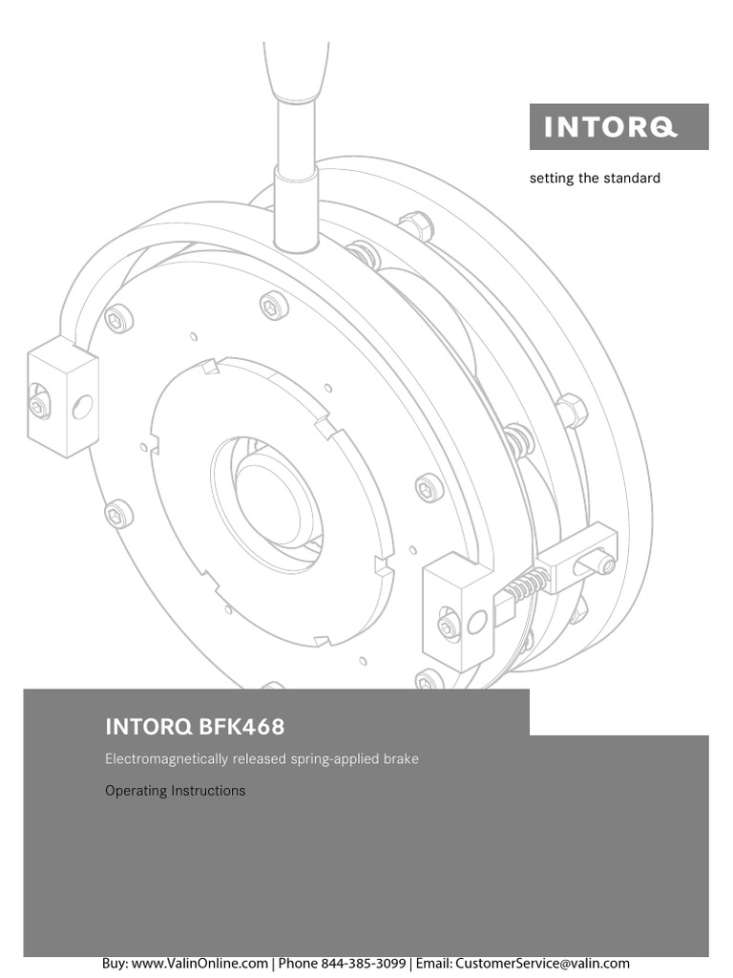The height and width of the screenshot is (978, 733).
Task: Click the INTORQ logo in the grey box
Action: click(618, 127)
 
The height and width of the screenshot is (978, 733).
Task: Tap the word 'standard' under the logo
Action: click(629, 179)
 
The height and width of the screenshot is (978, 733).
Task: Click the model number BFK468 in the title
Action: click(241, 728)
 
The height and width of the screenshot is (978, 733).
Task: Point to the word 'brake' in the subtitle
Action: click(400, 759)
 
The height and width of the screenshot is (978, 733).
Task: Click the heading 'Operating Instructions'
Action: click(175, 791)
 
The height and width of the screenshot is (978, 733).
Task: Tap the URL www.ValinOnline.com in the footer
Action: click(199, 964)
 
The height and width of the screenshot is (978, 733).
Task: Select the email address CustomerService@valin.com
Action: click(542, 964)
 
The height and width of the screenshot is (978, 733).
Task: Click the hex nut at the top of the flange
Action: click(416, 227)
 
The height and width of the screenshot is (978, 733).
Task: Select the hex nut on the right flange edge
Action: click(571, 411)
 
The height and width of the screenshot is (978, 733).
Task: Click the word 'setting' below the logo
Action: click(552, 179)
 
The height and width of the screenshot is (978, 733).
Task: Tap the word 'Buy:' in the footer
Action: click(115, 964)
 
